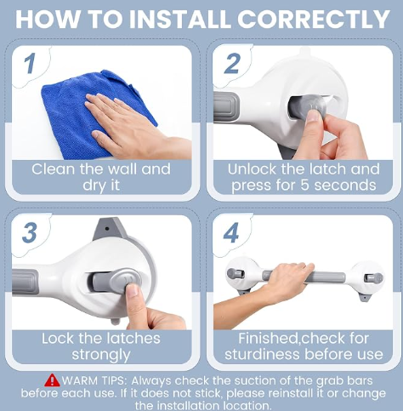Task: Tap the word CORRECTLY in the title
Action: (x=313, y=20)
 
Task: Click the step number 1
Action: (x=30, y=64)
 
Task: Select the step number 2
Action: (x=232, y=64)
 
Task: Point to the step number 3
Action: (x=30, y=232)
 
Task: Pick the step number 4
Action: (x=231, y=232)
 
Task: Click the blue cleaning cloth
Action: (x=85, y=113)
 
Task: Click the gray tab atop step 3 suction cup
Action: (x=110, y=229)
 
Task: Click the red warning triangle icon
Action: (x=52, y=380)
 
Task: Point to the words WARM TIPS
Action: (x=93, y=380)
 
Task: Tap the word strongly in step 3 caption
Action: (x=101, y=355)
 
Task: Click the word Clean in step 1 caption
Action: (x=53, y=169)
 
